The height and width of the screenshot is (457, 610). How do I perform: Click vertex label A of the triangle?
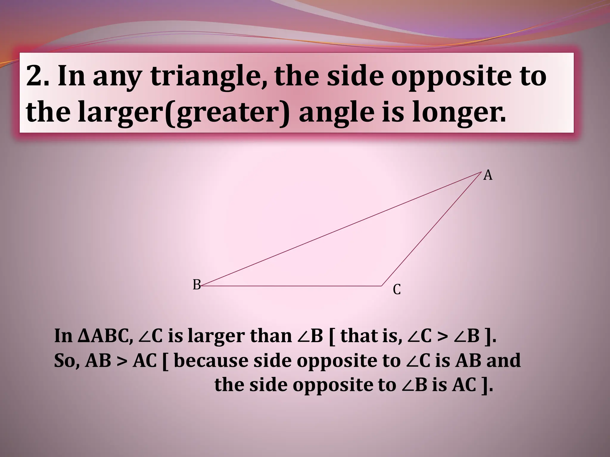tap(488, 175)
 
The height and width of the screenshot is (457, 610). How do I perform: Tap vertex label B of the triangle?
tap(197, 285)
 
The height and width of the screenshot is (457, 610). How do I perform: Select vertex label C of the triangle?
tap(397, 289)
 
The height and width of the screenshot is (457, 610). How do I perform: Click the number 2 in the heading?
tap(34, 76)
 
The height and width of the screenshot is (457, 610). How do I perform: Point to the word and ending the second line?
tap(503, 361)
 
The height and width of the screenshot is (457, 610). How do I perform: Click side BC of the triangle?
tap(292, 286)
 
